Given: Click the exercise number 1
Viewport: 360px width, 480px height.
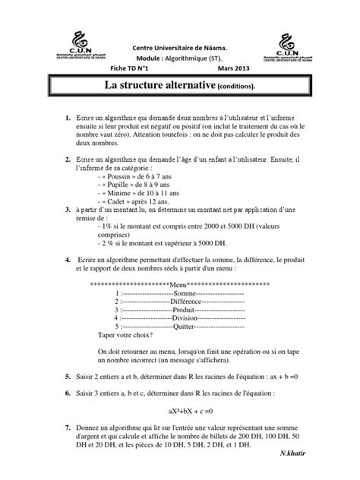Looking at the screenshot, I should click(x=68, y=120).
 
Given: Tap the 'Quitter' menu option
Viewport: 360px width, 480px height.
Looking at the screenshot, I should click(x=185, y=328).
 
